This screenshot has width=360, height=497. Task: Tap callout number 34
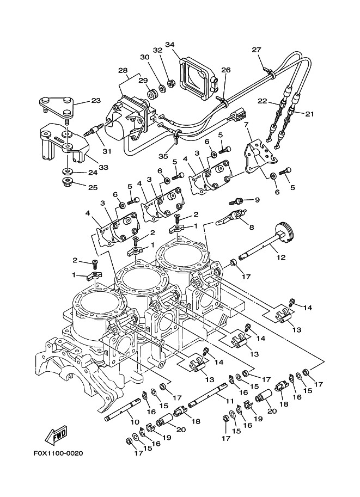click(x=169, y=45)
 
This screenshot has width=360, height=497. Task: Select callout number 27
click(x=257, y=50)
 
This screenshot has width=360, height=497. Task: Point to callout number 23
click(x=95, y=101)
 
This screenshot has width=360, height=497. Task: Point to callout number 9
click(x=257, y=200)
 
